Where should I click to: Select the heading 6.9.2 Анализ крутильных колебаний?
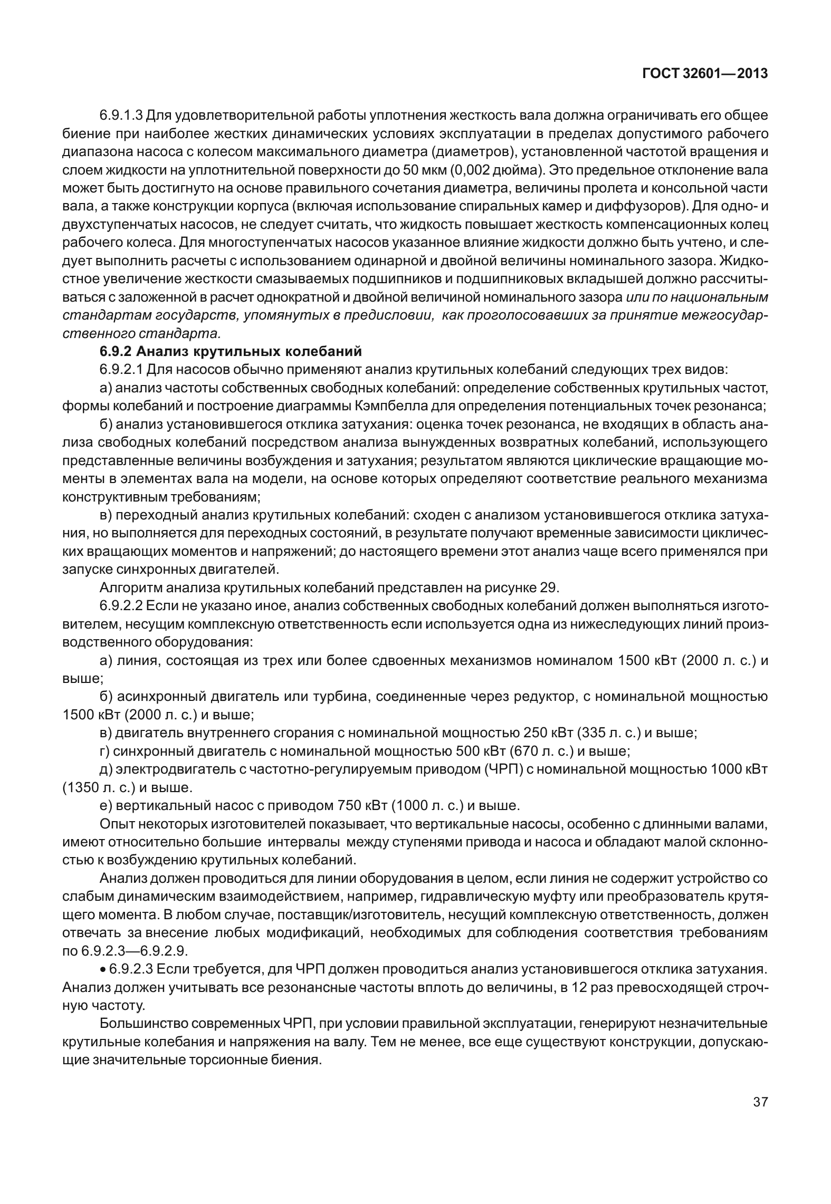point(231,351)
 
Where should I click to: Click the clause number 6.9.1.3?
point(121,115)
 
